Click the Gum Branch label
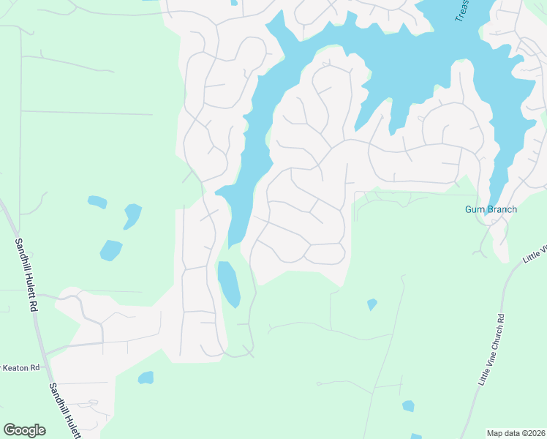(x=491, y=209)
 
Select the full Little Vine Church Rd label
(x=491, y=350)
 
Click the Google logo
(x=24, y=430)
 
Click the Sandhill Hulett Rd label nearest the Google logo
(x=64, y=410)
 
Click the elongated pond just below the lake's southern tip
(x=229, y=284)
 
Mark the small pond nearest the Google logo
(x=146, y=378)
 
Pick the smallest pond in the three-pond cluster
(x=96, y=200)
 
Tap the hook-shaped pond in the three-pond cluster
(x=132, y=215)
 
